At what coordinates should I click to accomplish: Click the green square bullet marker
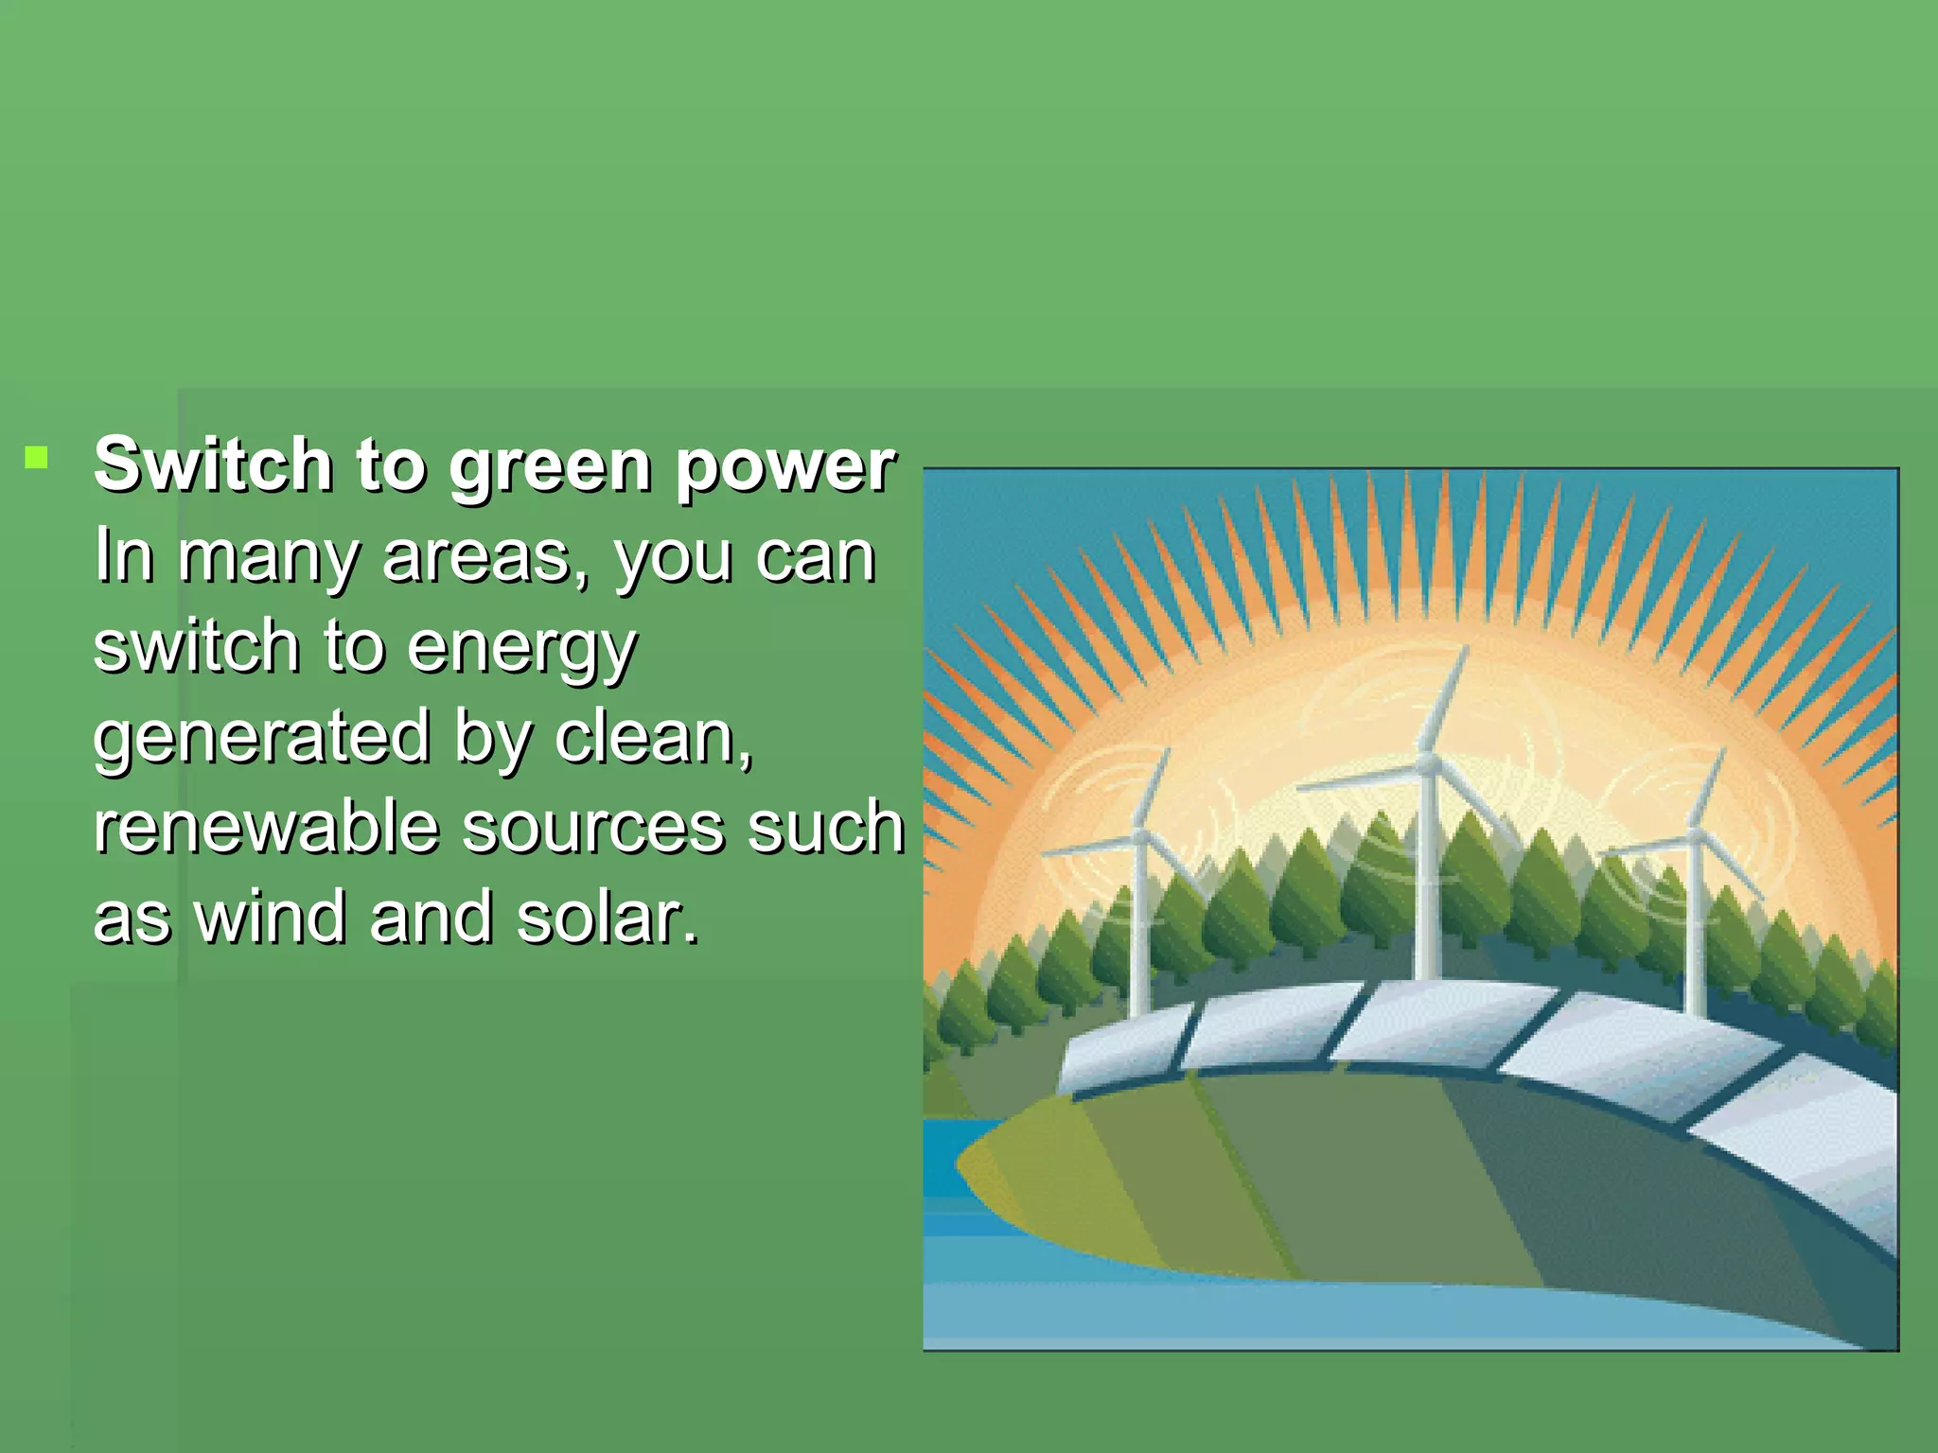(x=36, y=460)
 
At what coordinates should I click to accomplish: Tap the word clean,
(x=653, y=737)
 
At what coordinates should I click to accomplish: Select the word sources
(x=594, y=828)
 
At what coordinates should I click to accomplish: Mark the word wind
(x=270, y=917)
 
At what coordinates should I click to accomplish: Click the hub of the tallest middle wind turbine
(x=1428, y=762)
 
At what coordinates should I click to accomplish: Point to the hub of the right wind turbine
(x=1695, y=836)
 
